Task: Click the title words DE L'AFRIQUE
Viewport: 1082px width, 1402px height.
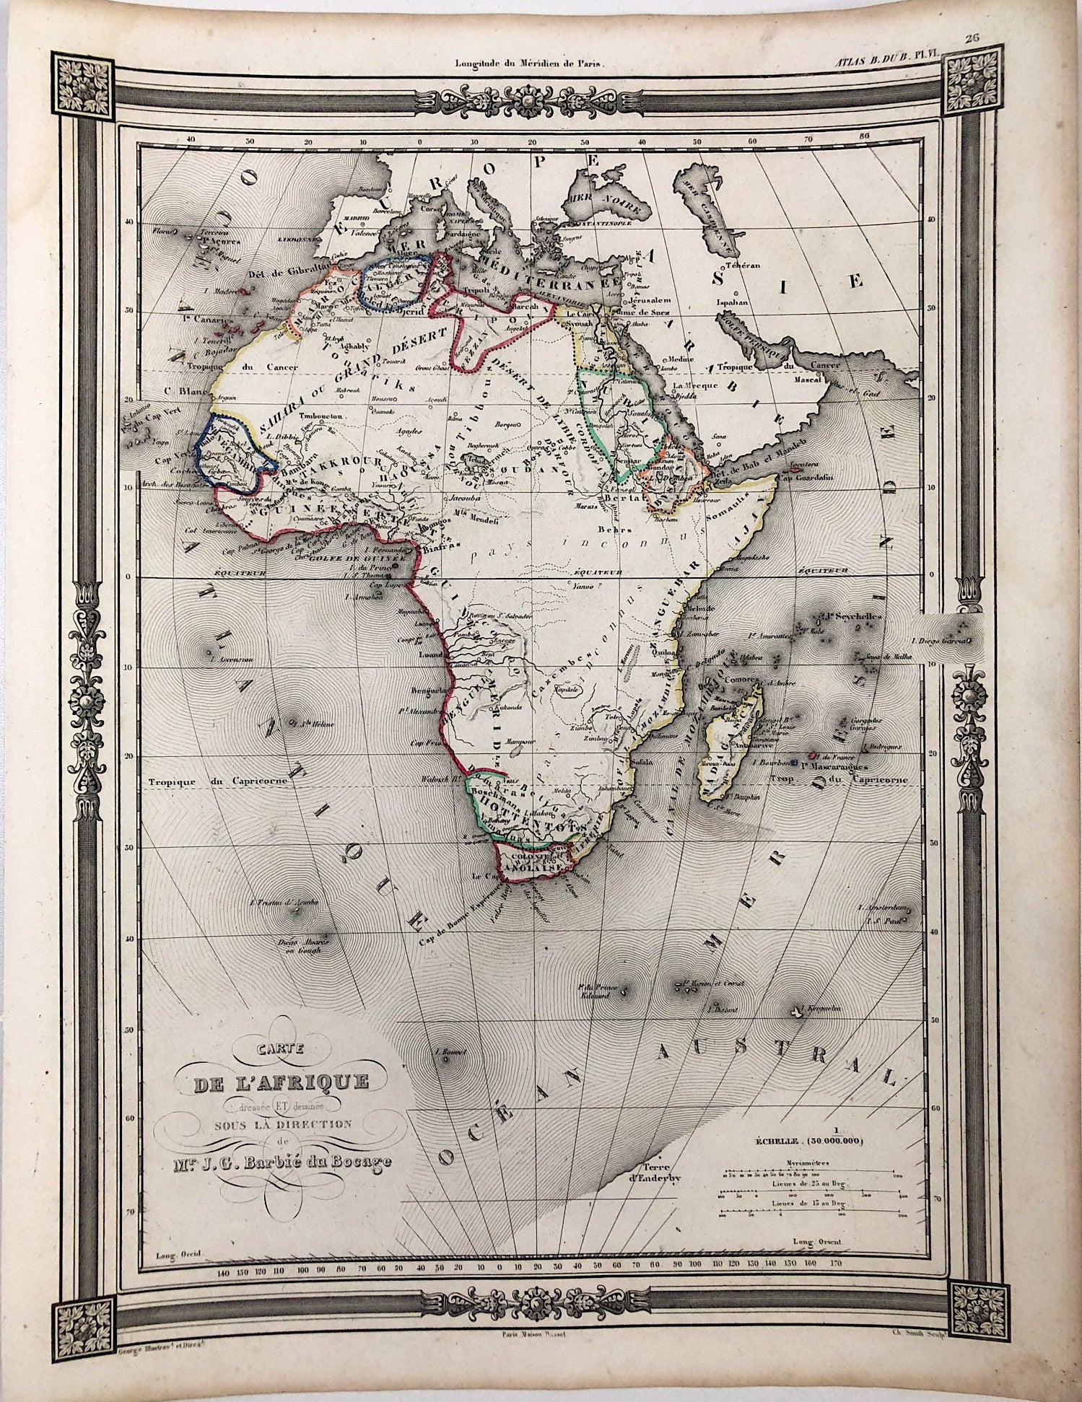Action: [x=279, y=1082]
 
